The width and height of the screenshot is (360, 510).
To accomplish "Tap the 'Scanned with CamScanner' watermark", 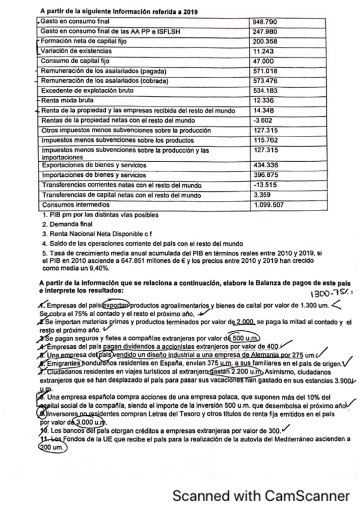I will (260, 496).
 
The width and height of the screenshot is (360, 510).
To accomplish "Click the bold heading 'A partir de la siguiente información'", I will (118, 11).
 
